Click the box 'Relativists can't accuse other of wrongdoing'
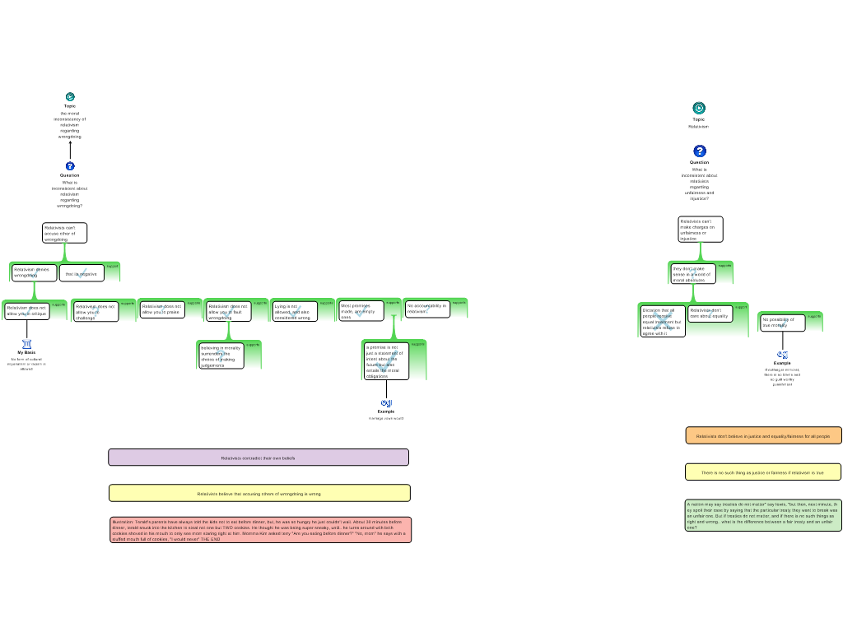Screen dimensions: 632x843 (x=64, y=233)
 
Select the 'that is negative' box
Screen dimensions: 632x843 (x=82, y=273)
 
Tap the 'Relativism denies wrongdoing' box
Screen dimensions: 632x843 (x=34, y=272)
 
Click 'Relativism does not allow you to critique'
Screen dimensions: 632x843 (x=26, y=311)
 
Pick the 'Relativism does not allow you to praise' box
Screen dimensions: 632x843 (x=161, y=309)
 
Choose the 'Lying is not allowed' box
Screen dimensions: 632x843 (x=294, y=311)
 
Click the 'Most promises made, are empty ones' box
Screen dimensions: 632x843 (x=361, y=310)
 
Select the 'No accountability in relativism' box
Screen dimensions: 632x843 (x=427, y=309)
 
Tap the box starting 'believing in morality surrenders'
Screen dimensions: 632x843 (x=221, y=356)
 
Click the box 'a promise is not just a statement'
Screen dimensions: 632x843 (x=385, y=361)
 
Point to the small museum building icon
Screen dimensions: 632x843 (x=27, y=344)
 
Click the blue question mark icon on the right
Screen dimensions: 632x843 (x=700, y=151)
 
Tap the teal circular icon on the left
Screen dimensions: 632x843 (x=70, y=97)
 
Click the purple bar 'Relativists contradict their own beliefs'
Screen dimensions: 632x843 (x=258, y=458)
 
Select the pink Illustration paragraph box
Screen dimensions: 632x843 (x=260, y=530)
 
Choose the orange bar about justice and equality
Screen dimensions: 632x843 (x=763, y=436)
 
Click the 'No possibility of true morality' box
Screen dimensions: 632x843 (x=781, y=323)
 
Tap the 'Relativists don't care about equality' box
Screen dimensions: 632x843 (x=710, y=314)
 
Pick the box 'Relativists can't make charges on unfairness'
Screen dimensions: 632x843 (x=700, y=230)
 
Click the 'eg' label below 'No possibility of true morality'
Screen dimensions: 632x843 (x=783, y=355)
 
